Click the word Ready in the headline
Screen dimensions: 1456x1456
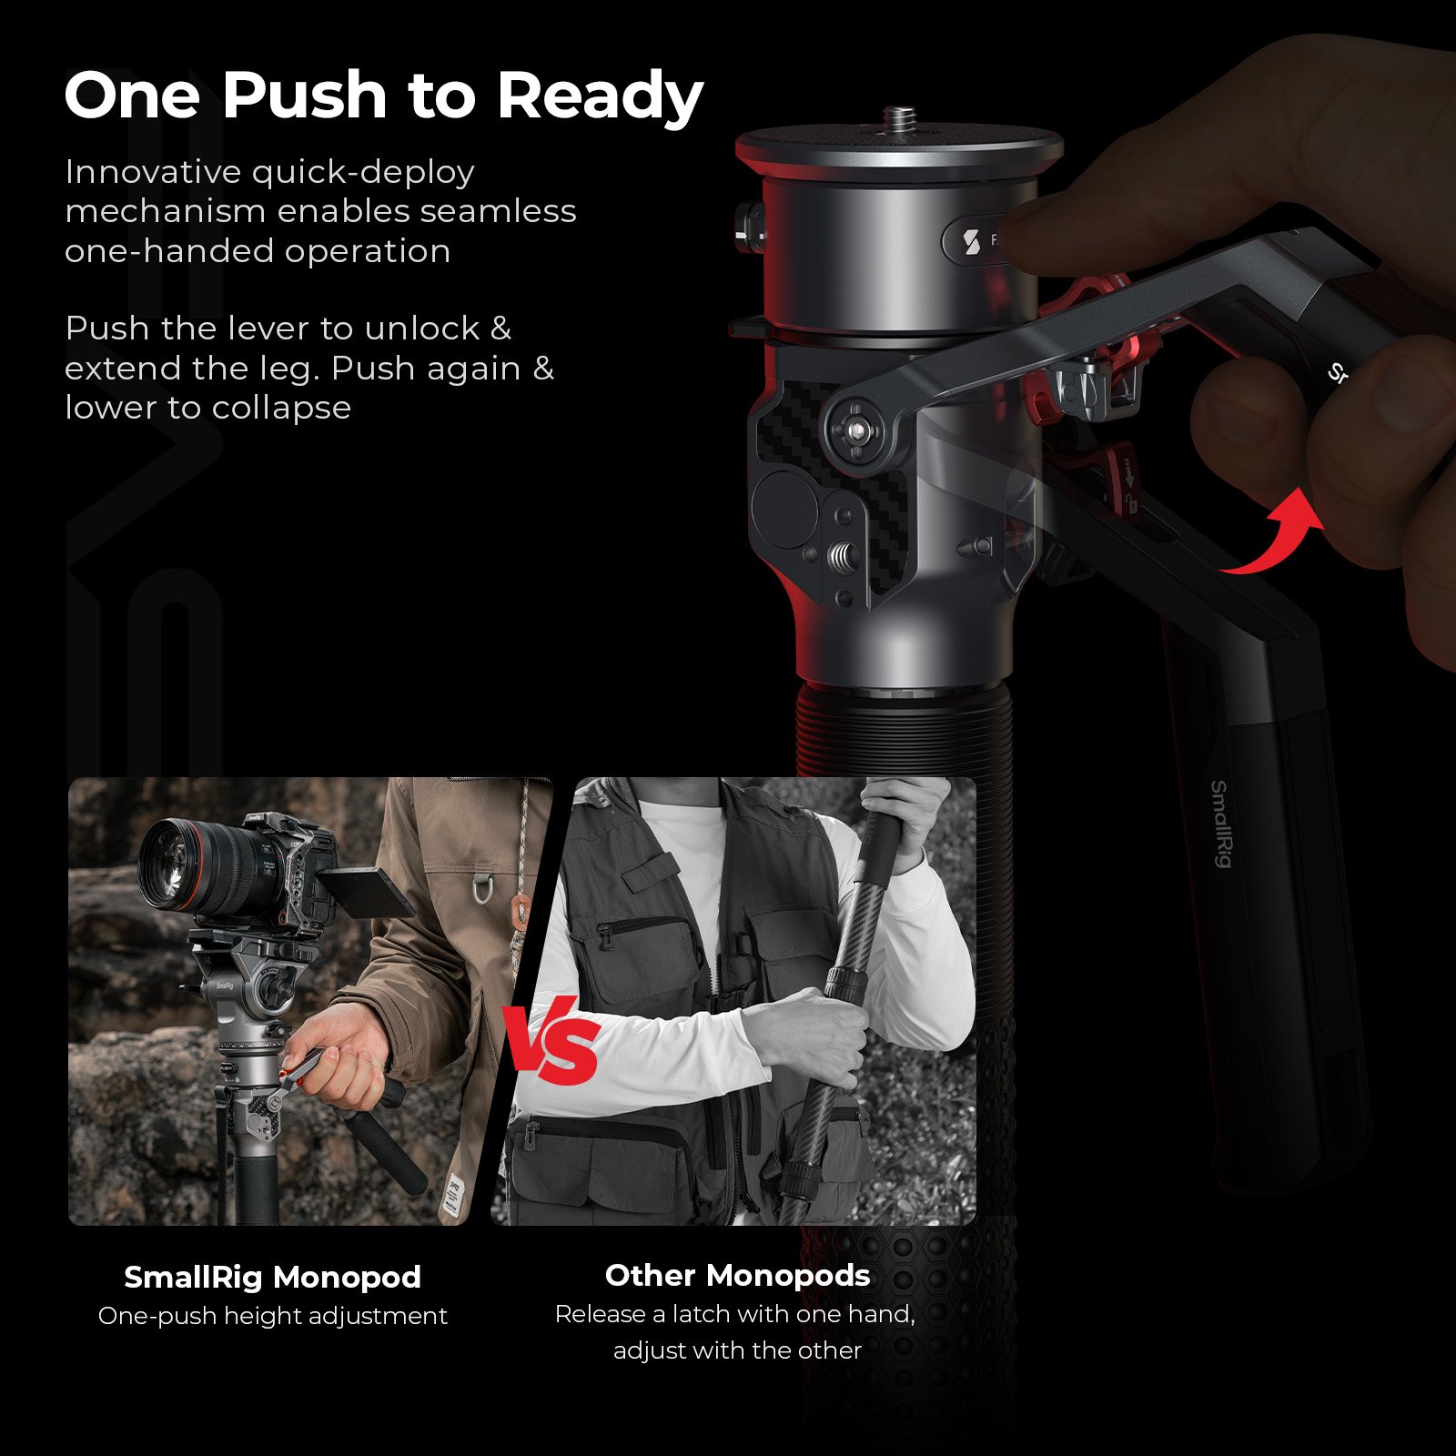tap(601, 96)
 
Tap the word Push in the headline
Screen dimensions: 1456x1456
tap(305, 95)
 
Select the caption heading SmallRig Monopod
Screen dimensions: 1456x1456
tap(272, 1277)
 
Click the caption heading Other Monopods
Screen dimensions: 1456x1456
tap(737, 1275)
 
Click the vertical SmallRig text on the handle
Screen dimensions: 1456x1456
tap(1220, 824)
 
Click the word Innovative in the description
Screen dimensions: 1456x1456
tap(154, 172)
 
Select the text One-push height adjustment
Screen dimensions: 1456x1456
tap(272, 1316)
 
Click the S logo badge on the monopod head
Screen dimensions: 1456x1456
tap(972, 242)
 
